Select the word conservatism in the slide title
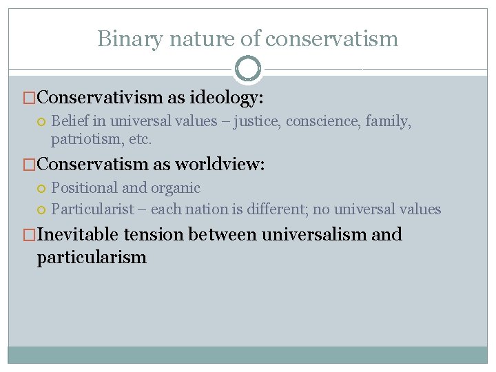click(x=331, y=39)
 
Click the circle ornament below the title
click(x=248, y=69)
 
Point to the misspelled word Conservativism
click(x=101, y=98)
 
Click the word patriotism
click(x=82, y=139)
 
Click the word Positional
click(x=83, y=187)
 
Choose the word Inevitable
click(x=79, y=234)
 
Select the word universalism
click(x=312, y=234)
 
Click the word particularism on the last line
click(x=92, y=258)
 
